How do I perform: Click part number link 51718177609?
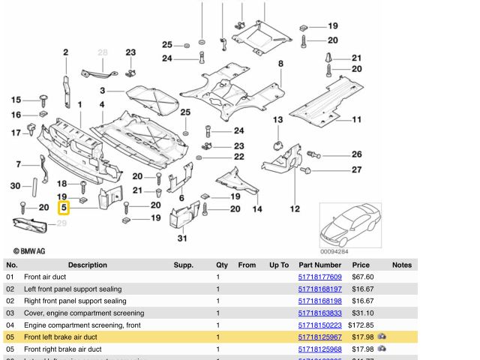pyautogui.click(x=319, y=277)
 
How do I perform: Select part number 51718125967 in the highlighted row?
pyautogui.click(x=319, y=337)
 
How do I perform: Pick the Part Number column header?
pyautogui.click(x=319, y=265)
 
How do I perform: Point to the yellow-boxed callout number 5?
pyautogui.click(x=64, y=206)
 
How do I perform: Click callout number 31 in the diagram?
pyautogui.click(x=181, y=238)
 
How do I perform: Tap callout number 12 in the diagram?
pyautogui.click(x=295, y=208)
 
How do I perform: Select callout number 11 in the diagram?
pyautogui.click(x=356, y=120)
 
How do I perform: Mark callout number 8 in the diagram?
pyautogui.click(x=281, y=64)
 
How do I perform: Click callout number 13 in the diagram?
pyautogui.click(x=277, y=120)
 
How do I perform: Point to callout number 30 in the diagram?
pyautogui.click(x=15, y=186)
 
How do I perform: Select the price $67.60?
pyautogui.click(x=364, y=277)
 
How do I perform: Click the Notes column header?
pyautogui.click(x=402, y=265)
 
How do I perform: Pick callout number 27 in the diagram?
pyautogui.click(x=356, y=169)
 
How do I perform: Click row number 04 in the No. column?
pyautogui.click(x=10, y=325)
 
